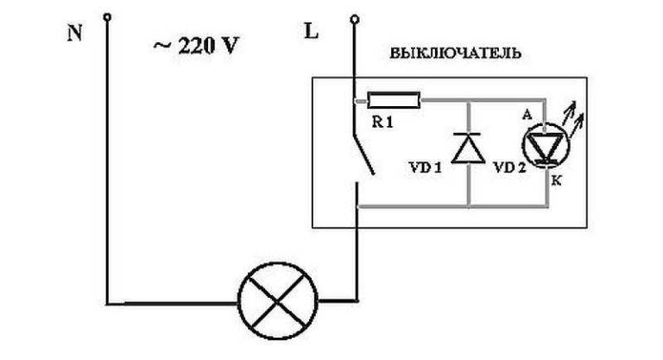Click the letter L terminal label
point(311,33)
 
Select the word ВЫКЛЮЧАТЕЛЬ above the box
point(456,53)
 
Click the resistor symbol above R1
point(394,101)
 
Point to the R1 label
point(382,123)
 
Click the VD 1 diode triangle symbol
point(469,148)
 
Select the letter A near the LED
point(527,114)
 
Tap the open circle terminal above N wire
point(107,16)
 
